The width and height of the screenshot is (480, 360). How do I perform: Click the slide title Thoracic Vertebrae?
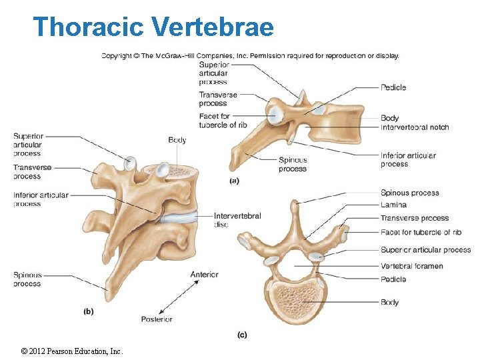coord(153,27)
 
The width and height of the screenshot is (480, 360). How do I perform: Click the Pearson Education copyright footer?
coord(72,351)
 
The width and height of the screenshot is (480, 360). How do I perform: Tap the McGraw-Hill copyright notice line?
coord(250,56)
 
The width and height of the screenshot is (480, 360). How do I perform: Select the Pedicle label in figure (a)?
coord(393,87)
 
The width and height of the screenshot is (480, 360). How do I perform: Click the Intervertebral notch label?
coord(415,127)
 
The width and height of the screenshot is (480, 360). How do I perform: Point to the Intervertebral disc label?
coord(237,220)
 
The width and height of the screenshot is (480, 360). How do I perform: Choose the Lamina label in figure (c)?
coord(393,205)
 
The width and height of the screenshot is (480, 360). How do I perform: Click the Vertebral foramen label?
coord(412,267)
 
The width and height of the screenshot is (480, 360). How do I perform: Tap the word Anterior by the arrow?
coord(204,275)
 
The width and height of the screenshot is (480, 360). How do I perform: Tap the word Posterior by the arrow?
coord(157,319)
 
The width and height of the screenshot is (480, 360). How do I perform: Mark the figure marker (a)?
coord(234,180)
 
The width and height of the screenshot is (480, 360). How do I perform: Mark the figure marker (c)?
coord(242,334)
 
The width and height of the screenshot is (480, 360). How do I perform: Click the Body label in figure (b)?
coord(177,140)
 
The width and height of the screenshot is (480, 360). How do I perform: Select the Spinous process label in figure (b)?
coord(27,279)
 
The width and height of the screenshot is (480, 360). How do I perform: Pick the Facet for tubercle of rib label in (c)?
coord(421,233)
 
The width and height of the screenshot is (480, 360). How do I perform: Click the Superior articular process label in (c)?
coord(425,250)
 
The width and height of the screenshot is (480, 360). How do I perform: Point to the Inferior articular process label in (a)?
coord(408,159)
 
